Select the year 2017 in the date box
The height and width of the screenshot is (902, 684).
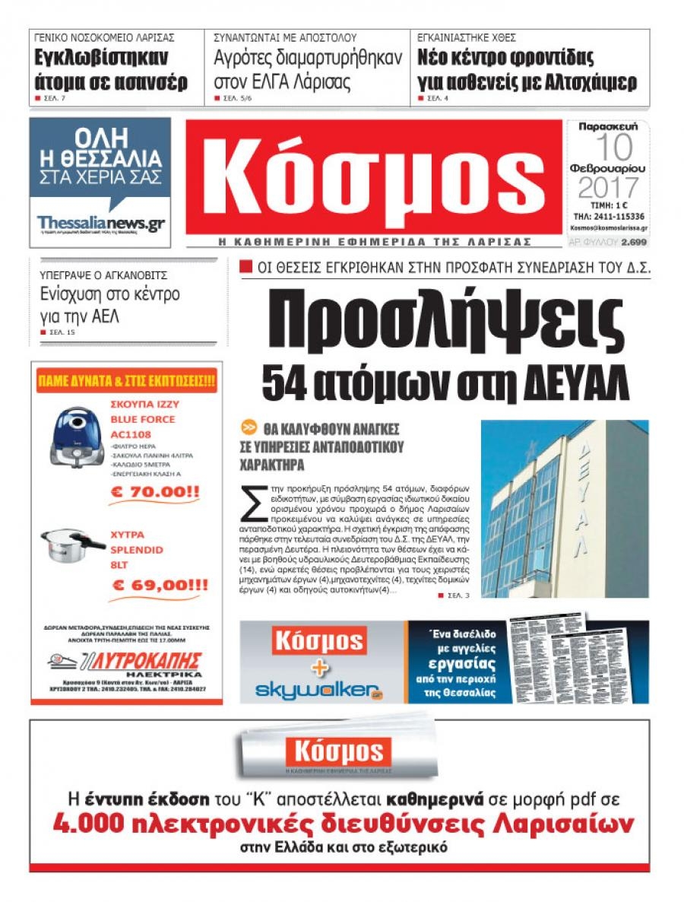click(606, 187)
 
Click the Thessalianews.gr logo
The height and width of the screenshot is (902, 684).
click(100, 223)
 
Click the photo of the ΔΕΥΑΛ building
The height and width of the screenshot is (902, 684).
click(564, 508)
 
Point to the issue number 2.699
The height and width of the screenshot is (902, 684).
click(632, 243)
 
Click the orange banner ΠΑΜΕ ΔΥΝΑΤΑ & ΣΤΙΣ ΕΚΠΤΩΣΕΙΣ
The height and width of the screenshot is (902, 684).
click(126, 379)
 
